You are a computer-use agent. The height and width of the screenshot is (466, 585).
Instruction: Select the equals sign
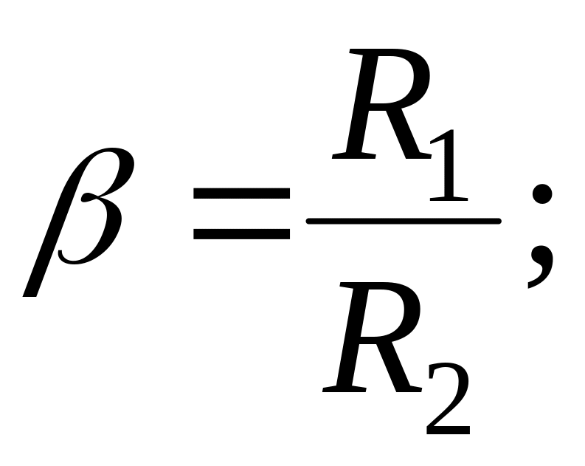[241, 213]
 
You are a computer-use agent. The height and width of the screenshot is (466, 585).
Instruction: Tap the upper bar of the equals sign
[241, 193]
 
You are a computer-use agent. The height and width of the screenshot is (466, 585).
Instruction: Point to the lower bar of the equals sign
[241, 233]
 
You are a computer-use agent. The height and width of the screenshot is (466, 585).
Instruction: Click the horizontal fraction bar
[404, 221]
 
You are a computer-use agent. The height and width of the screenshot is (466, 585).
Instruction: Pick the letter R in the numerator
[381, 104]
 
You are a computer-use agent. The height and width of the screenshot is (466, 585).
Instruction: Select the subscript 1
[449, 165]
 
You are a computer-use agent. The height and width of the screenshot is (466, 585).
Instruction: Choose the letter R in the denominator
[371, 337]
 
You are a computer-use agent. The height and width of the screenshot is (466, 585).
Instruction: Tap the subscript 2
[448, 399]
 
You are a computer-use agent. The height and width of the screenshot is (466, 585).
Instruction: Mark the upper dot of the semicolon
[541, 193]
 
